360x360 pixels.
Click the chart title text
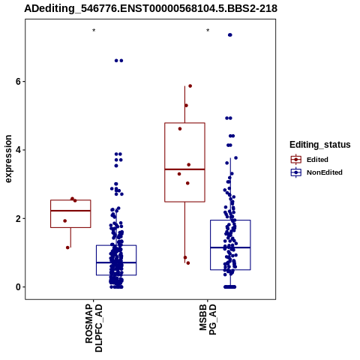pos(151,8)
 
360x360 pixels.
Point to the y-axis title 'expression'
pos(8,159)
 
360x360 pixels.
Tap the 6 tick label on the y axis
pos(18,82)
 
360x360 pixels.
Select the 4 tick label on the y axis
pos(18,150)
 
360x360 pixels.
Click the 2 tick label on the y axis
pos(18,218)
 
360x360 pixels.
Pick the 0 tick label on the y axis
pos(18,287)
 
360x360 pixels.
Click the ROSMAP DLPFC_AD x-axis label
pos(94,328)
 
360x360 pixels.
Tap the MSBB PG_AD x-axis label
pos(208,319)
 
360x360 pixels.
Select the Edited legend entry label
pos(317,160)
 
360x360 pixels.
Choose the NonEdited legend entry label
pos(325,172)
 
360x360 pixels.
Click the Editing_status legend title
pos(320,145)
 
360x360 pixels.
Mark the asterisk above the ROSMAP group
pos(94,31)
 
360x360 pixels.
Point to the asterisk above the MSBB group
pos(208,31)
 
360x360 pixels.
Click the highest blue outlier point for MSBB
pos(230,35)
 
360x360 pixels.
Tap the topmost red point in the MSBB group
pos(190,86)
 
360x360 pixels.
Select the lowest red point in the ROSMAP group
pos(67,247)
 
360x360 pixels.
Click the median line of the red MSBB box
pos(184,169)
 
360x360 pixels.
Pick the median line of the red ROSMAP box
pos(70,211)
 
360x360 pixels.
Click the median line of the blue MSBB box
pos(230,247)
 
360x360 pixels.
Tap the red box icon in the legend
pos(296,160)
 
